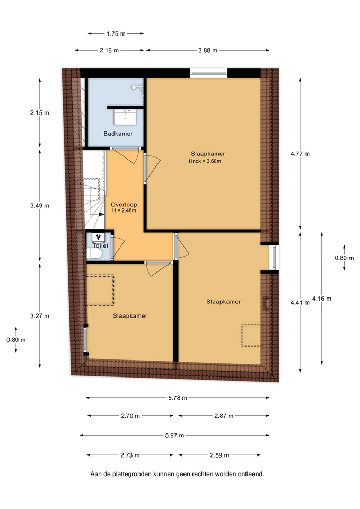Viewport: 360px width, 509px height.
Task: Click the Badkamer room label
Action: tap(118, 134)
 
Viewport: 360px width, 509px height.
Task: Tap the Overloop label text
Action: tap(124, 205)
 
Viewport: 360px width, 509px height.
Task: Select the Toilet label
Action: tap(101, 245)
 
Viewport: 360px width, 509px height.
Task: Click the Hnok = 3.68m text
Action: tap(205, 161)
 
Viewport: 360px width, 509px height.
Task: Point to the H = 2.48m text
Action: tap(124, 210)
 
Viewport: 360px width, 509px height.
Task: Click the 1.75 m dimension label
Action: tap(116, 33)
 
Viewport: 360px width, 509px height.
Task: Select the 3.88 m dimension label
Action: tap(208, 50)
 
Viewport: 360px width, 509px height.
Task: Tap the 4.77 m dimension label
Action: tap(300, 154)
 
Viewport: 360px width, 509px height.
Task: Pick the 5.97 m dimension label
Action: tap(174, 435)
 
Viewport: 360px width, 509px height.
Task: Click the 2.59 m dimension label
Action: tap(219, 455)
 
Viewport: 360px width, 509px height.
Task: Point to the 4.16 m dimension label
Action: tap(322, 299)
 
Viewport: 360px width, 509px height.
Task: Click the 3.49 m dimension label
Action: tap(40, 206)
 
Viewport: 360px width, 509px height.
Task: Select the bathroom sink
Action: tap(125, 117)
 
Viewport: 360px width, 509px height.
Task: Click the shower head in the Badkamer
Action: tap(138, 89)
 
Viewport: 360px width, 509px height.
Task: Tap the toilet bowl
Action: tap(94, 255)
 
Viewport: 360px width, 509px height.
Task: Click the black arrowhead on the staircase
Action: tap(101, 214)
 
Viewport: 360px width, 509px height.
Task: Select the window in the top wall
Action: tap(209, 73)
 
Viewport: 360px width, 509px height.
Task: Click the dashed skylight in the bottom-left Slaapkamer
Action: tap(100, 290)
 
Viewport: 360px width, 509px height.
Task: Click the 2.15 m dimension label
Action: tap(40, 113)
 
